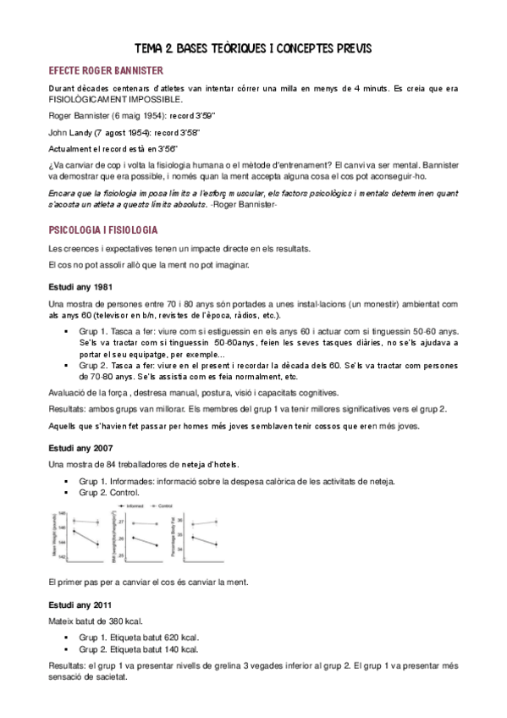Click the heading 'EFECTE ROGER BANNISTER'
coord(107,70)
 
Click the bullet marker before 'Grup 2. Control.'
coord(66,492)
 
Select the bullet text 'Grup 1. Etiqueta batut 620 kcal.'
coord(140,637)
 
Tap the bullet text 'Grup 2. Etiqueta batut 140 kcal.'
coord(140,649)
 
